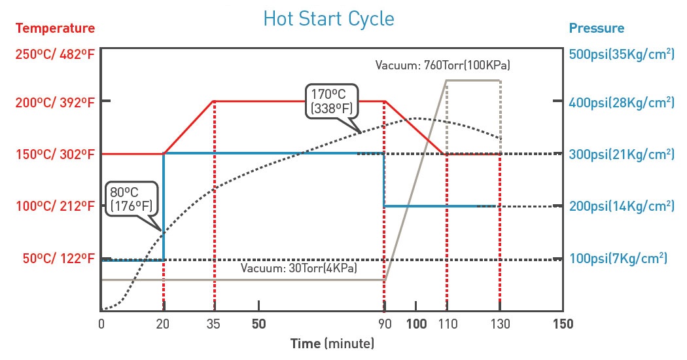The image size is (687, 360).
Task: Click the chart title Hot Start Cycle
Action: [x=328, y=18]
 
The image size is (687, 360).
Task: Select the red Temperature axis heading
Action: [x=55, y=28]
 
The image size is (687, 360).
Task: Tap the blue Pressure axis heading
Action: [x=596, y=28]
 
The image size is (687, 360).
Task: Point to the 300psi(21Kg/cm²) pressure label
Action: [x=622, y=154]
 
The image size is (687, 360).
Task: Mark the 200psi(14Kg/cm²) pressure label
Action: [x=622, y=206]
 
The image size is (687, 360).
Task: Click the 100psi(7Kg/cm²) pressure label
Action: [x=618, y=259]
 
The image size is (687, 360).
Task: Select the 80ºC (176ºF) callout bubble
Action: [x=131, y=199]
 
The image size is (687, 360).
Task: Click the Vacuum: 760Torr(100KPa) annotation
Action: [x=442, y=65]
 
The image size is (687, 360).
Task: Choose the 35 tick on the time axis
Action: [x=215, y=324]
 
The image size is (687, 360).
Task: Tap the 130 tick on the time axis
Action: [x=500, y=324]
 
